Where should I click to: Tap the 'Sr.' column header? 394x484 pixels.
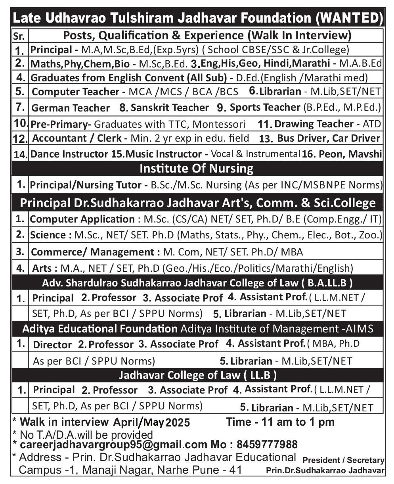19,36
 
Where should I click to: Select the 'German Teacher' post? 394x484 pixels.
70,108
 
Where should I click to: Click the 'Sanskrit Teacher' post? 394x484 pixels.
164,108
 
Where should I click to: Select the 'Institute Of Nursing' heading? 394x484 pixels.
196,169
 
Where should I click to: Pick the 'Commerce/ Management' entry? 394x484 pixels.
92,252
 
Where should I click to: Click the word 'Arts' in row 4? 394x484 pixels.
42,269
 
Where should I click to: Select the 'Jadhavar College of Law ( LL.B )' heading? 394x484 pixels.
198,375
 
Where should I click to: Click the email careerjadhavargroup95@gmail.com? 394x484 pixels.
113,444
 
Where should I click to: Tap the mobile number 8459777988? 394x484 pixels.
267,444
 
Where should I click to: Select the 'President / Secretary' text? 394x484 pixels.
343,460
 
